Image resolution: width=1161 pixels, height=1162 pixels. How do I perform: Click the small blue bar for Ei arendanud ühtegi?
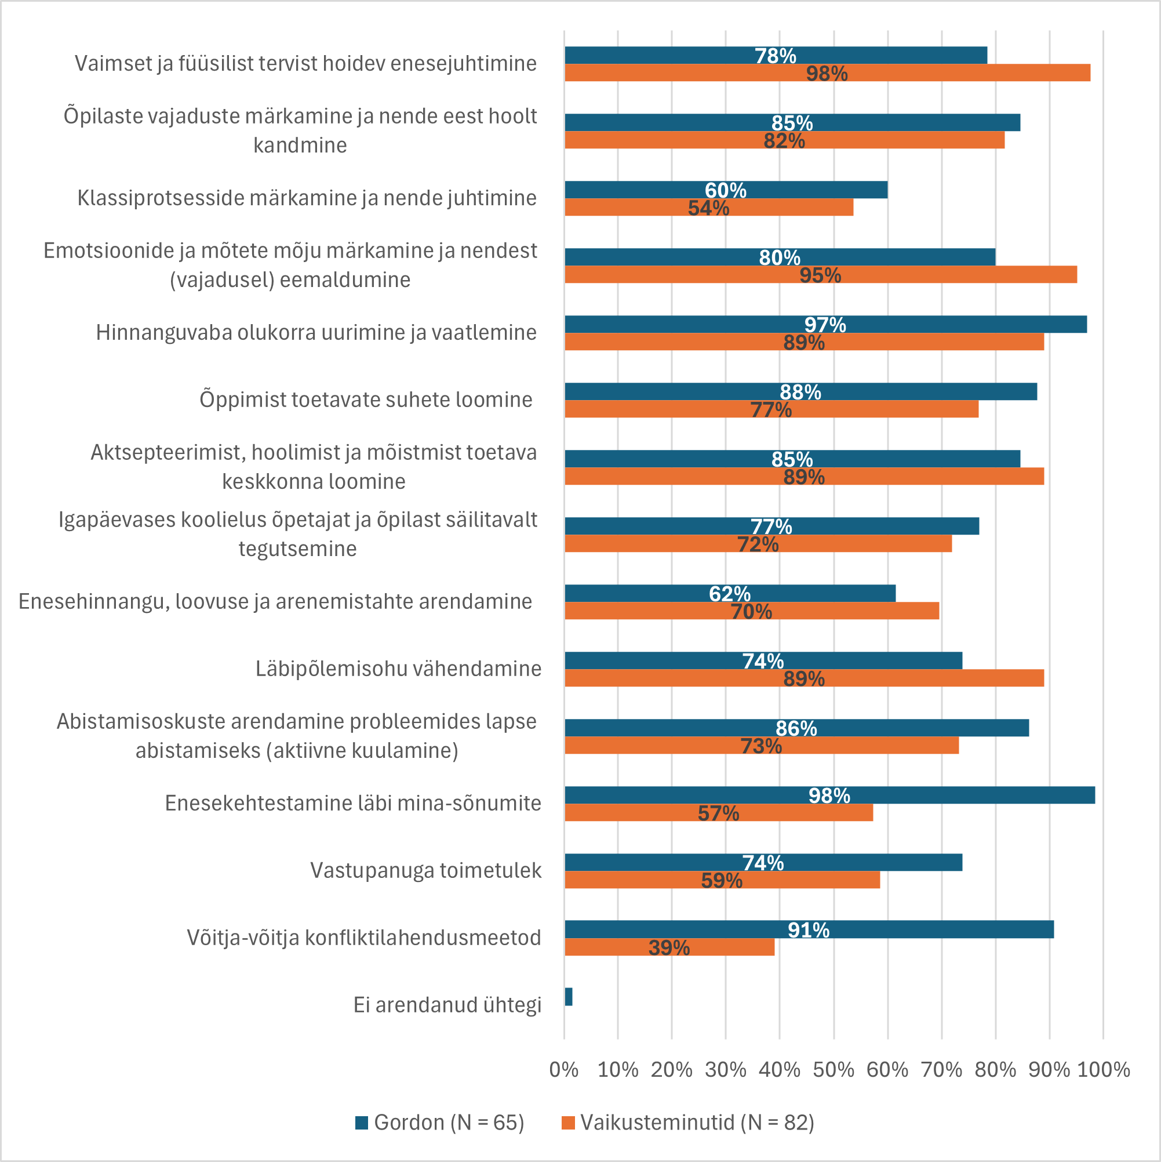click(568, 997)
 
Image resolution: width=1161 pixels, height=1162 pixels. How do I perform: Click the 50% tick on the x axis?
click(834, 1070)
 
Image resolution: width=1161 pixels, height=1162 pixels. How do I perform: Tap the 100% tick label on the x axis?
click(1103, 1070)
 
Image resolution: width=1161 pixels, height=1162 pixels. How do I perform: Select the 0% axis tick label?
click(564, 1070)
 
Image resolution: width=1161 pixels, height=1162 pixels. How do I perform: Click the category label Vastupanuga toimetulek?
click(425, 870)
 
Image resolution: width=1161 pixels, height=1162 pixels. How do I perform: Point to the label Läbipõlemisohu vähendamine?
click(398, 668)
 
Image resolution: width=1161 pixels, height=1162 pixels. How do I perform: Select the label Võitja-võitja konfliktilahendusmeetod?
click(364, 938)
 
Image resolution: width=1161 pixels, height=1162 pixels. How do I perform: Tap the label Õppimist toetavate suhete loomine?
click(366, 400)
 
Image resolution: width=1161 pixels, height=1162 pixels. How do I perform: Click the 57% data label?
click(719, 813)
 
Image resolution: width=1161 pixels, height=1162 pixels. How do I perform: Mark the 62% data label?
click(729, 594)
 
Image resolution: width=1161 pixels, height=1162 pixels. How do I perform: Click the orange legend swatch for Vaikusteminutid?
click(567, 1123)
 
